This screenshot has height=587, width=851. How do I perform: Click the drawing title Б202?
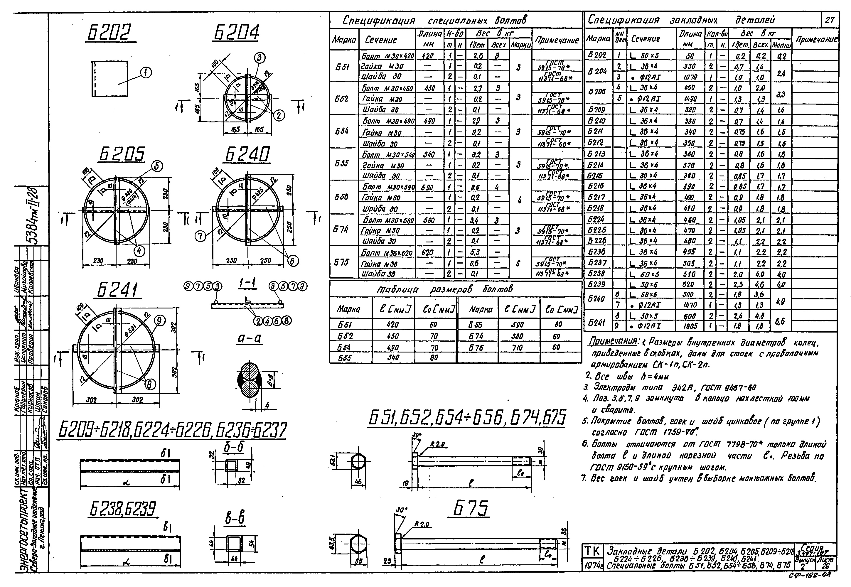(109, 33)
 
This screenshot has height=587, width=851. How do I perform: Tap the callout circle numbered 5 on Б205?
(157, 166)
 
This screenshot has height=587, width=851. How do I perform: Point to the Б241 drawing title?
(117, 290)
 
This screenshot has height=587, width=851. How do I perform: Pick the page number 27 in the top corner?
(829, 20)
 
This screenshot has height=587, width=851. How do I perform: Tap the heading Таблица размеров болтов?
(444, 289)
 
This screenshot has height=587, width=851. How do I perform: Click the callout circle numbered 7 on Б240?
(200, 235)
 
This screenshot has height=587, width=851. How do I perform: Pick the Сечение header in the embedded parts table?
(646, 38)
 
